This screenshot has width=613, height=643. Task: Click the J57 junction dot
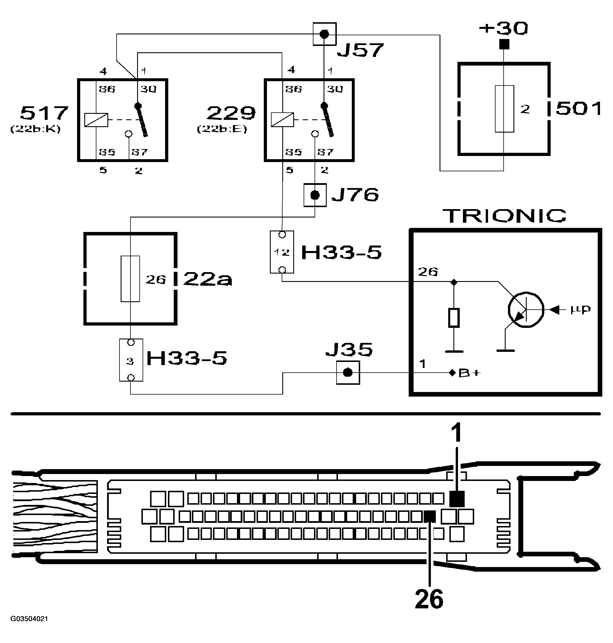click(x=324, y=34)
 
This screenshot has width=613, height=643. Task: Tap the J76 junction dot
click(x=315, y=195)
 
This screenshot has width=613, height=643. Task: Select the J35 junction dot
click(x=348, y=373)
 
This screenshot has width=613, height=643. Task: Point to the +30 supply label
click(x=504, y=29)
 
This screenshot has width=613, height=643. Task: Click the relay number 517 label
click(x=44, y=113)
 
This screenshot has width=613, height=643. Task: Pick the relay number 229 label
click(x=231, y=114)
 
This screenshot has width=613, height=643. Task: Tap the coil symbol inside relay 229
click(x=282, y=120)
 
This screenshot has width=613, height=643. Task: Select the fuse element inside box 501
click(x=504, y=109)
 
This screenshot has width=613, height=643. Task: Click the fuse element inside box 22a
click(x=130, y=279)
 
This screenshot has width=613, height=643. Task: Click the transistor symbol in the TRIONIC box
click(x=526, y=309)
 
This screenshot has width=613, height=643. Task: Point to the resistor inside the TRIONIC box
click(x=453, y=317)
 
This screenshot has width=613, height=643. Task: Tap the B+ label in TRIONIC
click(x=470, y=373)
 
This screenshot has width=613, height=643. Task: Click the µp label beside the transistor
click(x=580, y=309)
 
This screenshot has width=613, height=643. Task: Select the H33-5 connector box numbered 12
click(x=282, y=252)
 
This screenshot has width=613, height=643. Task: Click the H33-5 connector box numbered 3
click(x=131, y=360)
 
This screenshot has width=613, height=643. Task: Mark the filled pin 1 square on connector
click(x=457, y=499)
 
